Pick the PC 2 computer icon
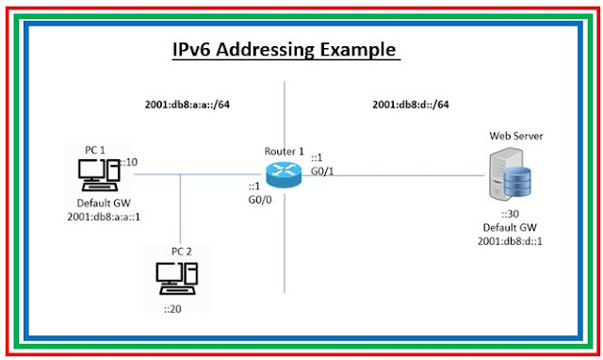[176, 273]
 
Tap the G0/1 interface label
[323, 170]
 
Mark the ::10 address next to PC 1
[128, 162]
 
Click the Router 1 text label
[285, 150]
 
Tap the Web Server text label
[515, 137]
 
